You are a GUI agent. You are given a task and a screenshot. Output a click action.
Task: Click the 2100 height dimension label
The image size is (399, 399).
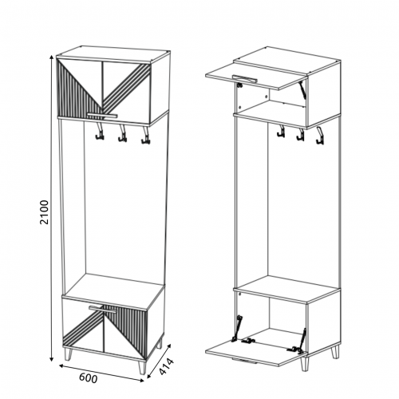[45, 212]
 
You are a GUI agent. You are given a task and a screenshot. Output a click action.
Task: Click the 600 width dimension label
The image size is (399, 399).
[89, 378]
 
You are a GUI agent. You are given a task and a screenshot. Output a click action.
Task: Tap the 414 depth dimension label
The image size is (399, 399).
[166, 366]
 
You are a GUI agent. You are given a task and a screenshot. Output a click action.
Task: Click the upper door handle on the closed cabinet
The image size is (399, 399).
[102, 115]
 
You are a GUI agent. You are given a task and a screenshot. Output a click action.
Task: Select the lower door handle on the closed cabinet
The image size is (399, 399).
[103, 309]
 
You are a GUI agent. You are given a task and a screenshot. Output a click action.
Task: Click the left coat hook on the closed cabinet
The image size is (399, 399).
[99, 132]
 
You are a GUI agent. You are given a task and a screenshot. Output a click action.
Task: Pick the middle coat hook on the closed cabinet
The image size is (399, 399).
[122, 133]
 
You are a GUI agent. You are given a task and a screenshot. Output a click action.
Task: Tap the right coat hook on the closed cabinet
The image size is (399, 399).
[144, 135]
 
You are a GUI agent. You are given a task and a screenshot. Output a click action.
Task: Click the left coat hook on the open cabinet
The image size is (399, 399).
[281, 132]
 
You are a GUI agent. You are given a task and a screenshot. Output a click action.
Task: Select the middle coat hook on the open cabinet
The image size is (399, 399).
[300, 134]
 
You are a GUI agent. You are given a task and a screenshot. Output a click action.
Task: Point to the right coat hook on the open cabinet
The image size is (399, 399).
[320, 136]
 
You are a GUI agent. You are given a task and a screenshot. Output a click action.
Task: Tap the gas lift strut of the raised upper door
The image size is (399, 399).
[302, 90]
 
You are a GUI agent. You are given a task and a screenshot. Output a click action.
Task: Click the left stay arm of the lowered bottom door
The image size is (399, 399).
[237, 328]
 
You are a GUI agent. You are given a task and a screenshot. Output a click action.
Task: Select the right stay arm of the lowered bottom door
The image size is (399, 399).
[302, 341]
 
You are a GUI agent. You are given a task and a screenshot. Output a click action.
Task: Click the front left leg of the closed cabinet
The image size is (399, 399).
[69, 354]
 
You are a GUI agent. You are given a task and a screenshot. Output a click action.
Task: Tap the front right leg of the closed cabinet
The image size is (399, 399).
[143, 367]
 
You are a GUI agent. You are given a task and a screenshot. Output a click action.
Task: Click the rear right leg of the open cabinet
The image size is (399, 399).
[335, 352]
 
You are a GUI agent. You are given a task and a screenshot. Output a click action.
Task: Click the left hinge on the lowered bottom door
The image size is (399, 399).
[248, 340]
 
